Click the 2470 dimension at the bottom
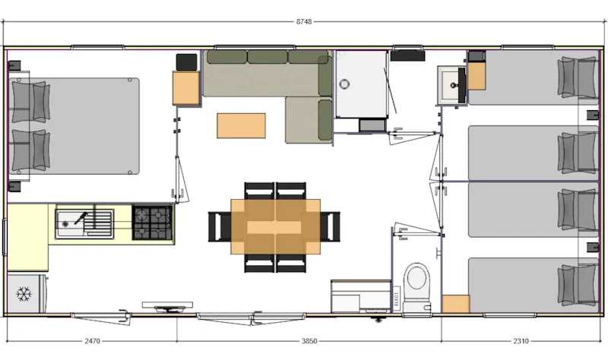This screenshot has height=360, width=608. [x=93, y=342]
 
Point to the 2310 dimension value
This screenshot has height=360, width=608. [x=521, y=342]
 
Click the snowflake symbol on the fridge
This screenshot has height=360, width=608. [x=24, y=293]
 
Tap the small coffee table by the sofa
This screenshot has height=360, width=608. [x=241, y=125]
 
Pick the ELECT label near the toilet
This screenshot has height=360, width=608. [x=396, y=298]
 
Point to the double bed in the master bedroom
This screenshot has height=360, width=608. [x=76, y=126]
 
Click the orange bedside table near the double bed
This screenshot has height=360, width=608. [x=186, y=88]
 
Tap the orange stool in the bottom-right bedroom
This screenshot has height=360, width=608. [x=455, y=304]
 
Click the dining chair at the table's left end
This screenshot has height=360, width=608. [x=219, y=226]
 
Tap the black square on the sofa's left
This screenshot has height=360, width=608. [x=185, y=62]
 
